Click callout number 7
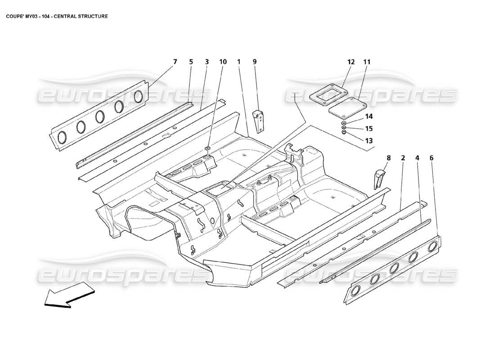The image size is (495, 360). click(175, 62)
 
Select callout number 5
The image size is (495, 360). click(191, 62)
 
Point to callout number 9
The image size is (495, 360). click(254, 62)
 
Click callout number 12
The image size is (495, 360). click(351, 62)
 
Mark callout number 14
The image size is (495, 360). click(369, 116)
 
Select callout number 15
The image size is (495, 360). click(369, 128)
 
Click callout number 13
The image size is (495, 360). click(369, 140)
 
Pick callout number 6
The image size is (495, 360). click(432, 158)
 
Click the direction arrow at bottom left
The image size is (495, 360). click(70, 297)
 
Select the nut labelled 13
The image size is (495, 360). click(344, 133)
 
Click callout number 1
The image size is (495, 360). click(239, 62)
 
